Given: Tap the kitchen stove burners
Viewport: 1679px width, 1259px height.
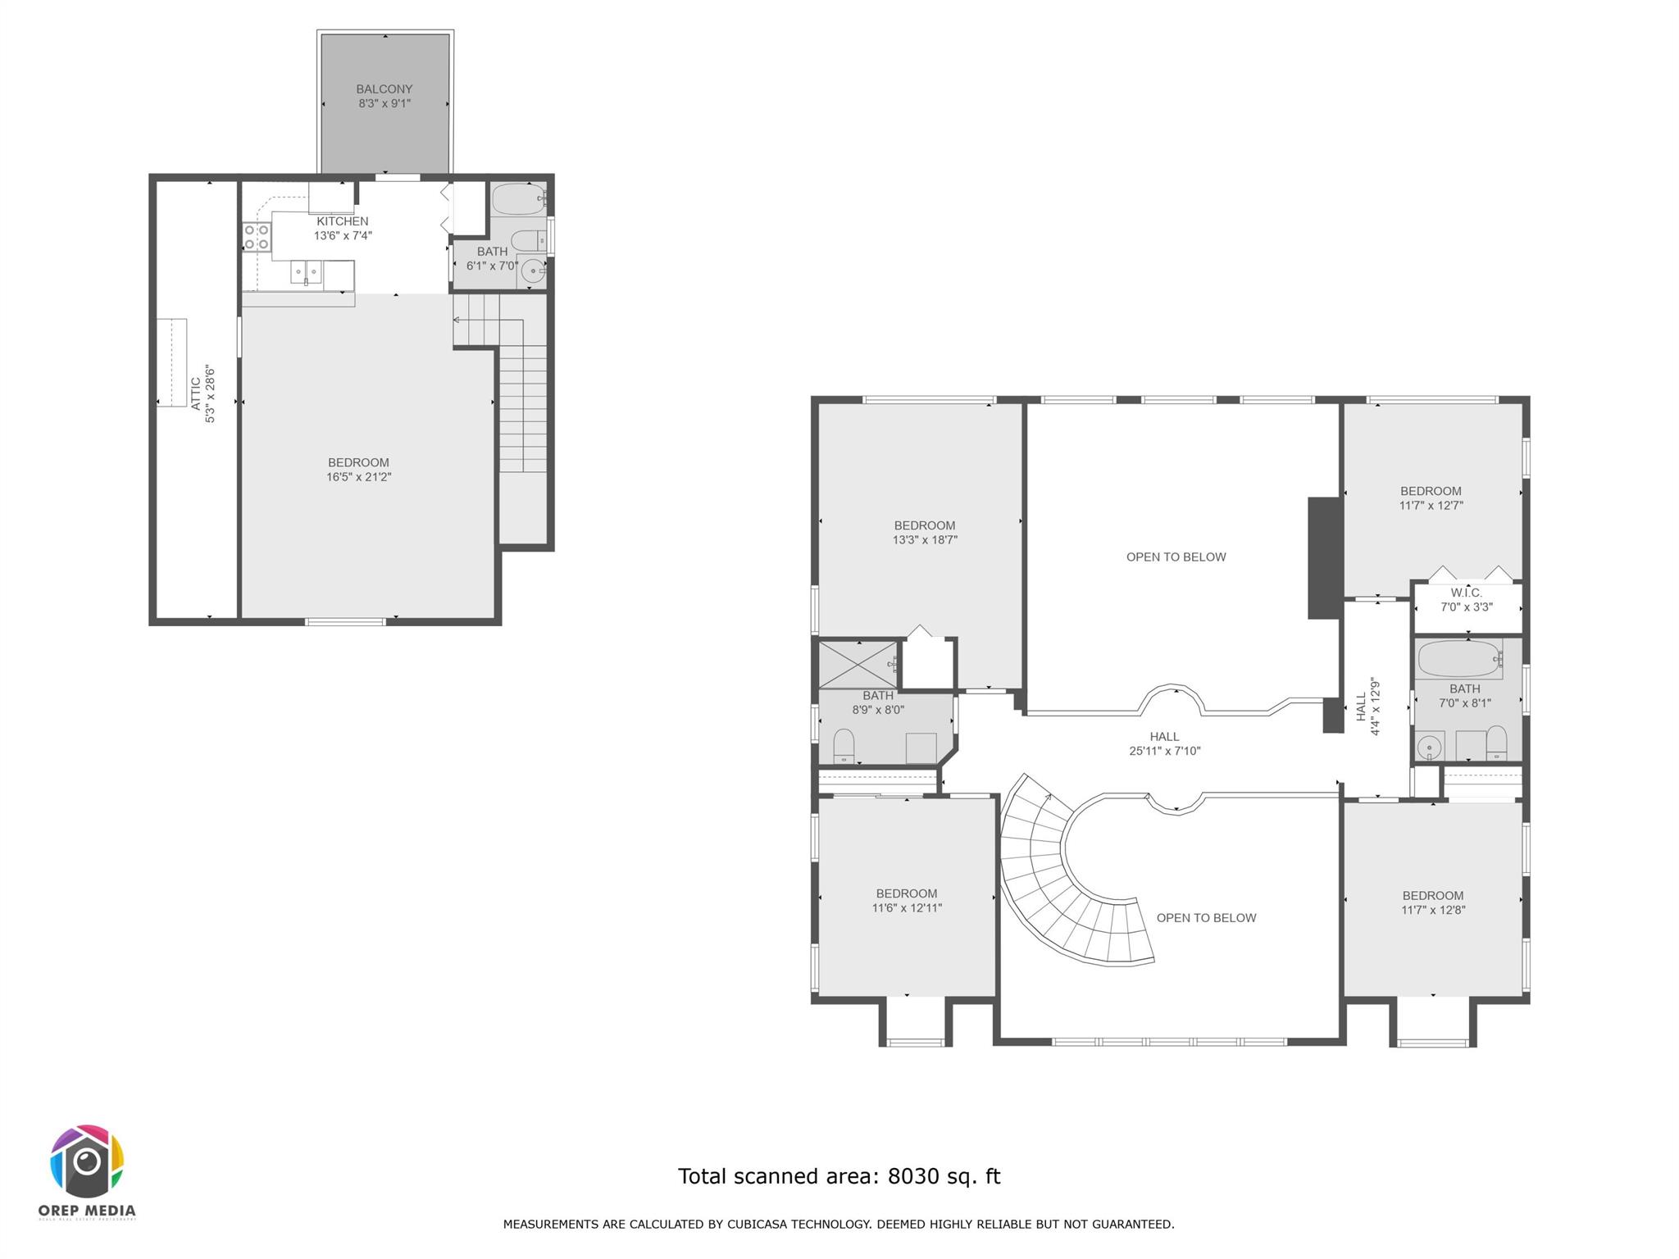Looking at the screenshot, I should coord(257,238).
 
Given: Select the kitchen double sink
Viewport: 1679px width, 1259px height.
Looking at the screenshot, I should coord(307,272).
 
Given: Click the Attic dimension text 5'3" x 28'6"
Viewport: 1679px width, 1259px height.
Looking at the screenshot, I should coord(211,394).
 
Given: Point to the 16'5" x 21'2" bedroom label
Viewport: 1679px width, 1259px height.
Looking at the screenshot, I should coord(358,470).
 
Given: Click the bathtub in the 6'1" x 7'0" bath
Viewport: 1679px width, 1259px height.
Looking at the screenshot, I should coord(518,200).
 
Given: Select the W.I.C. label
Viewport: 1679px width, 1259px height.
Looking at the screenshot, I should coord(1466,593).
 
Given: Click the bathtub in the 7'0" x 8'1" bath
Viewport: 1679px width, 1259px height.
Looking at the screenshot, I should coord(1459,658).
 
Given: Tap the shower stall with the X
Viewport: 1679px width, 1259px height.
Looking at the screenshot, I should coord(858,664).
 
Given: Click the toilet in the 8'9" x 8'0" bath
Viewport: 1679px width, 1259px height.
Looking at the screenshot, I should coord(844,746).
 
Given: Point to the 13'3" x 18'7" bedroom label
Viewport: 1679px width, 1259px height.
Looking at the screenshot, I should coord(925,533).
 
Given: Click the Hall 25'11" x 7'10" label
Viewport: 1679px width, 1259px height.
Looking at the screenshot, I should coord(1164,743).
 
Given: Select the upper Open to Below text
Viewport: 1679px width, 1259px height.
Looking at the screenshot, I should coord(1176,557).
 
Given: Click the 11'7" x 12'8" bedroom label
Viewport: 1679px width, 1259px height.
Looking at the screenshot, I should coord(1432,902).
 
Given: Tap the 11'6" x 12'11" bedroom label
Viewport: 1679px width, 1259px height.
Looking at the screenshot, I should coord(906,901).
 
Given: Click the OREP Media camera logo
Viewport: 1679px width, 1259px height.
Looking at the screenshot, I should coord(87,1161).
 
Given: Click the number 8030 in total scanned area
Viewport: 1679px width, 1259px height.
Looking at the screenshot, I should coord(912,1176).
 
